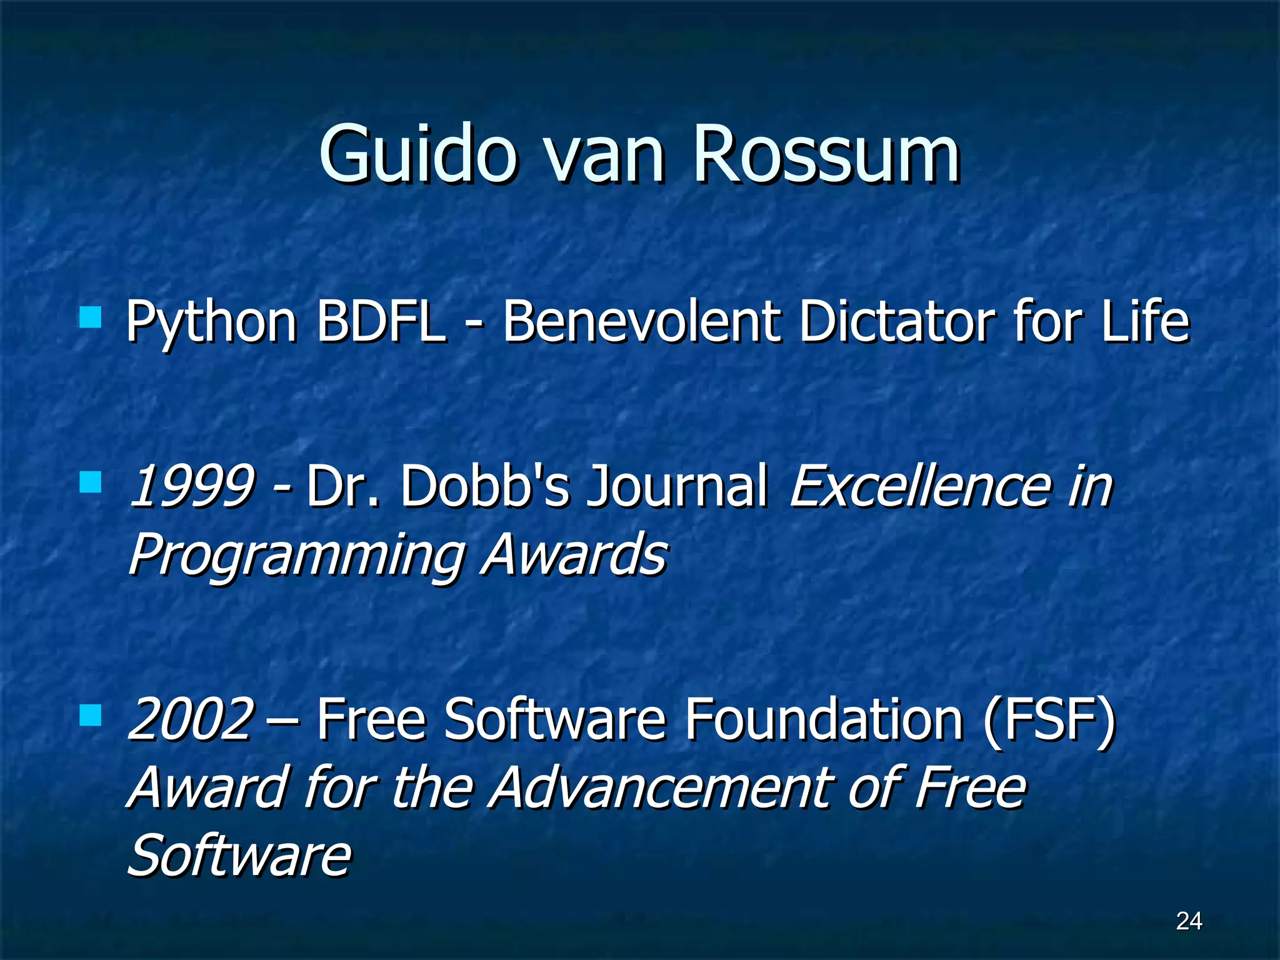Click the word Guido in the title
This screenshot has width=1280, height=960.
coord(417,154)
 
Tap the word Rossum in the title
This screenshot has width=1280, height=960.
coord(826,154)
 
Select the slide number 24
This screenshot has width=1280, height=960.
coord(1189,921)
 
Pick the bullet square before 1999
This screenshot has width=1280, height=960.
coord(91,482)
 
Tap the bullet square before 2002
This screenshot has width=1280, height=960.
coord(91,715)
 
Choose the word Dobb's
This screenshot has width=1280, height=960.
coord(485,486)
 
